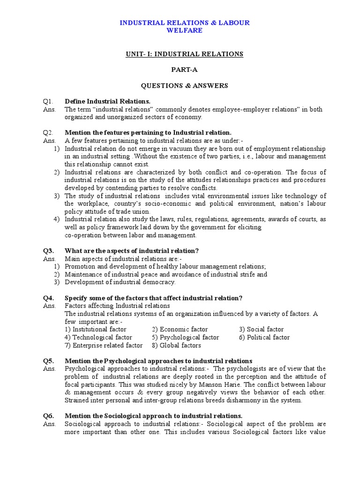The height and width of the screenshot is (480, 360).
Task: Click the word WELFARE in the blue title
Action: [x=185, y=30]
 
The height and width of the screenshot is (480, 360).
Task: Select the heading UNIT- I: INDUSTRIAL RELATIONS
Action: [x=184, y=54]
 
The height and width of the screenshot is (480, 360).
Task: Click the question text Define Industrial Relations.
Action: [x=107, y=102]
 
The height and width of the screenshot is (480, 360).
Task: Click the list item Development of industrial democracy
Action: [x=120, y=282]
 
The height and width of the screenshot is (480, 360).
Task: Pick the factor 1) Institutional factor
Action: [x=96, y=330]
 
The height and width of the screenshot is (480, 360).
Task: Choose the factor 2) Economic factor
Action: [x=180, y=330]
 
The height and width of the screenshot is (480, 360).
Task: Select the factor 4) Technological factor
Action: [x=98, y=337]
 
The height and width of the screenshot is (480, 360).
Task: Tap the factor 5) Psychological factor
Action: [x=185, y=337]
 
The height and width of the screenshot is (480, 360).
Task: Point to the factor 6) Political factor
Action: [x=264, y=337]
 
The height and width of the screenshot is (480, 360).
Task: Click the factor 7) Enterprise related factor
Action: [x=104, y=345]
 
